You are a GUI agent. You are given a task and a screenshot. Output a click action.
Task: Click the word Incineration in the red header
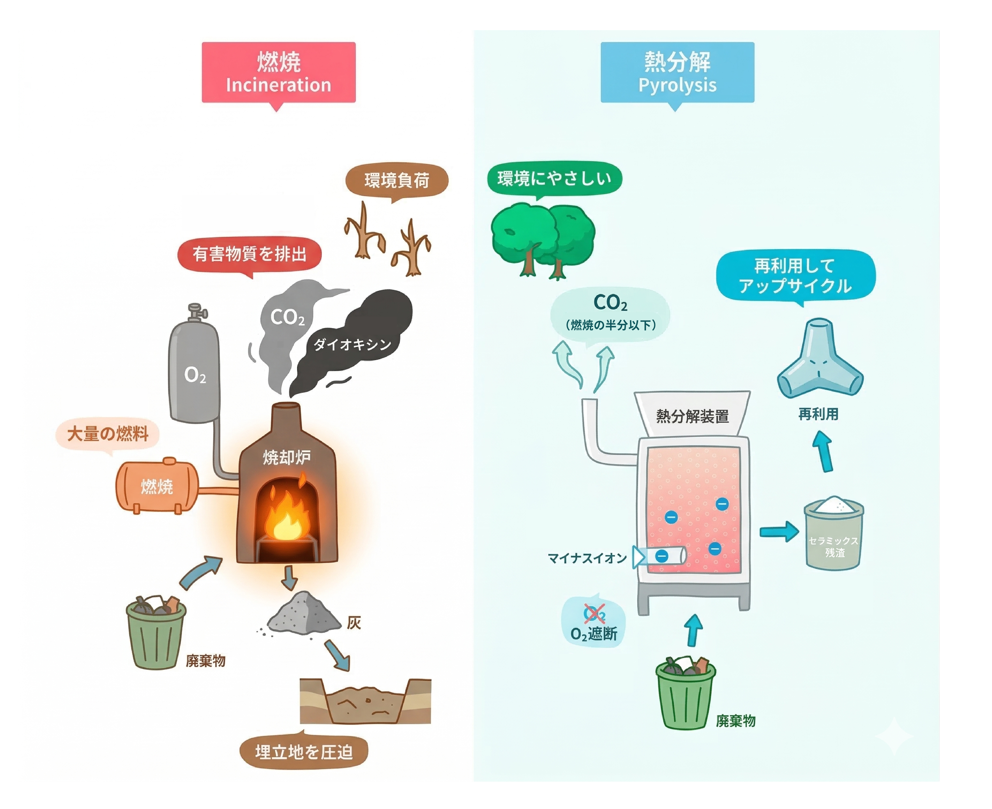tap(278, 85)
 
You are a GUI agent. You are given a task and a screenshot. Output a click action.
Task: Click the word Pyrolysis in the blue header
tap(677, 85)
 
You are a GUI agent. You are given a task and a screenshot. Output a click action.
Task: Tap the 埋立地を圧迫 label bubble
tap(304, 752)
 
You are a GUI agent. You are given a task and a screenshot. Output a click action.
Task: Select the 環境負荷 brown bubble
tap(396, 180)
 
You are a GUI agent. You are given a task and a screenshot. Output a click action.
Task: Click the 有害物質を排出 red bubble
tap(250, 254)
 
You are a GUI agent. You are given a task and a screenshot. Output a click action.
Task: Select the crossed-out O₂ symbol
tap(594, 613)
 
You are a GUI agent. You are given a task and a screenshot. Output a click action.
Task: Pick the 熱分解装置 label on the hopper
tap(692, 416)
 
